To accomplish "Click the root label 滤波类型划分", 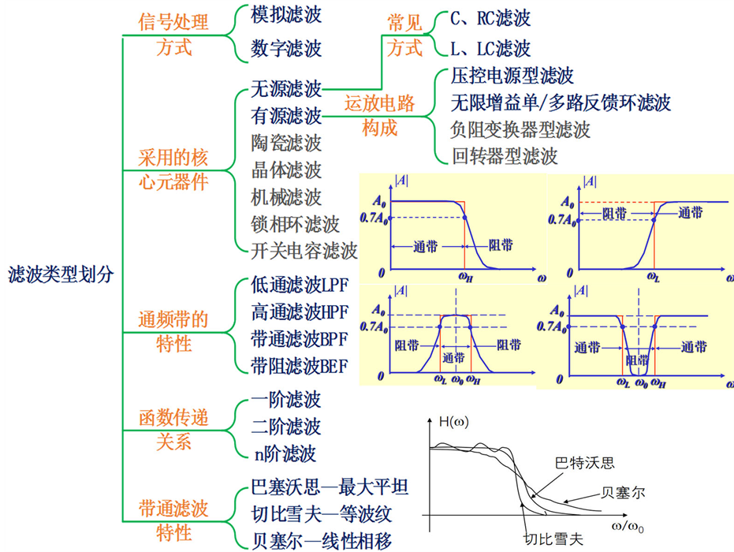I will (61, 274).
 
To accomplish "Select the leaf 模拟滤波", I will (286, 15).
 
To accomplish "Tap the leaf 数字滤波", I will (286, 49).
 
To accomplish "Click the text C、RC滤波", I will (490, 18).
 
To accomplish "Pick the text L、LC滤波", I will (490, 49).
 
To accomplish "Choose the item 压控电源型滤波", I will (512, 76).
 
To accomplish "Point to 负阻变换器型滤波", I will (520, 129).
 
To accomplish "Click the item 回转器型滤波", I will (504, 155).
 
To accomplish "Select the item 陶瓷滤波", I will (286, 143).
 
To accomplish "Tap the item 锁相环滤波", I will (295, 224).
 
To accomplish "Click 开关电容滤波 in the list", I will (304, 251).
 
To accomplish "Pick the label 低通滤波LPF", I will (300, 285).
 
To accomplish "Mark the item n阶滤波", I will (284, 453).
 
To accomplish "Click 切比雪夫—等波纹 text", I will (321, 514).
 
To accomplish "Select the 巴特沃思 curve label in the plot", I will (584, 463).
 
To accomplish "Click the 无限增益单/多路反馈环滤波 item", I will (561, 103).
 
